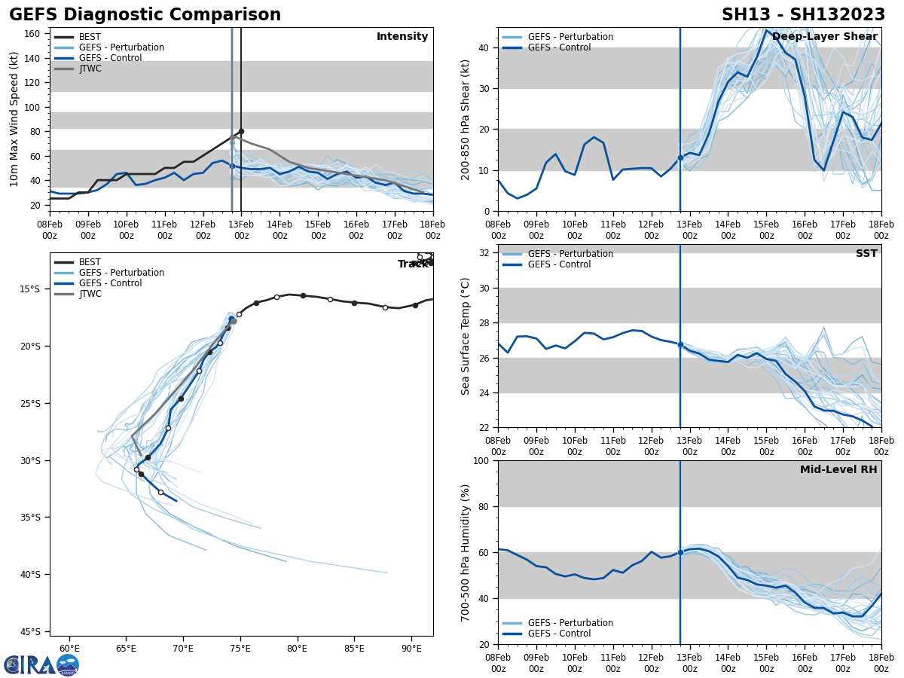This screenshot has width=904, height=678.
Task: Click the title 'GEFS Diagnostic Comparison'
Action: click(145, 15)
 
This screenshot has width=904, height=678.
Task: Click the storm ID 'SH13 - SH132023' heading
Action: click(803, 15)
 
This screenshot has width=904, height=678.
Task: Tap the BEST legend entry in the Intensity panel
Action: click(89, 37)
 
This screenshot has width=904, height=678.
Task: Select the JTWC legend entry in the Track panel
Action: click(89, 294)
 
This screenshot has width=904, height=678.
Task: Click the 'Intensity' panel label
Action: click(402, 37)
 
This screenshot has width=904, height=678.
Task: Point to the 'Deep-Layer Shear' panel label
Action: click(824, 37)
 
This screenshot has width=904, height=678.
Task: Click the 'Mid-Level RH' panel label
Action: click(838, 470)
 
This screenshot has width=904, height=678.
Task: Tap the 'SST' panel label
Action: click(866, 254)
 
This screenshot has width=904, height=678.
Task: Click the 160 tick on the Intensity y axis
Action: click(32, 34)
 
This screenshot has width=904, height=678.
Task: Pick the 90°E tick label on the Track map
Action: click(411, 647)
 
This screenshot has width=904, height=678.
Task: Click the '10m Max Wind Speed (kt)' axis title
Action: click(15, 119)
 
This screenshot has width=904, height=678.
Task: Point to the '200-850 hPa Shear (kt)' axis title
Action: click(466, 119)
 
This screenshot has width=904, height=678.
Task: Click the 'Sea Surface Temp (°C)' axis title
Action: click(466, 336)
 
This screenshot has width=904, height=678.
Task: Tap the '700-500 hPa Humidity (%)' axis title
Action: click(466, 552)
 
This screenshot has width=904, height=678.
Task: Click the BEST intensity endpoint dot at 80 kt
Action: click(241, 131)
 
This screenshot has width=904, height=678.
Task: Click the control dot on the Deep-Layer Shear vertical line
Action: click(680, 157)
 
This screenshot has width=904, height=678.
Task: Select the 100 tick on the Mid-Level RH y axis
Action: click(483, 460)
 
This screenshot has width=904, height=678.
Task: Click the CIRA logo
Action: click(41, 665)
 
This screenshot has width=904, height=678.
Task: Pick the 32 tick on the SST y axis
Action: click(486, 253)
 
